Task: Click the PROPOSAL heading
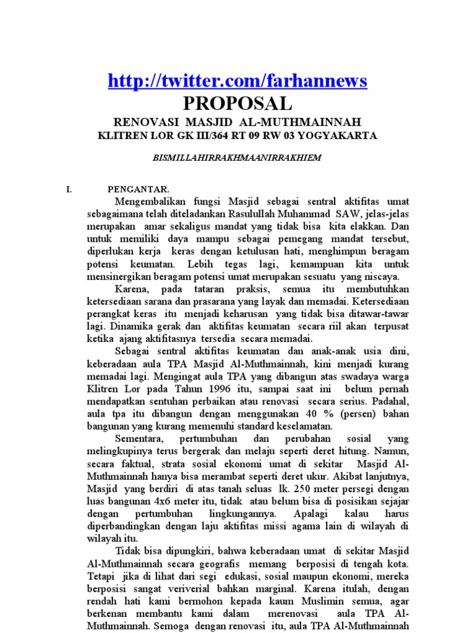237,103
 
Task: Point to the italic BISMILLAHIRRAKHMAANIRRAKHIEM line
237,158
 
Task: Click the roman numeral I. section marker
69,190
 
